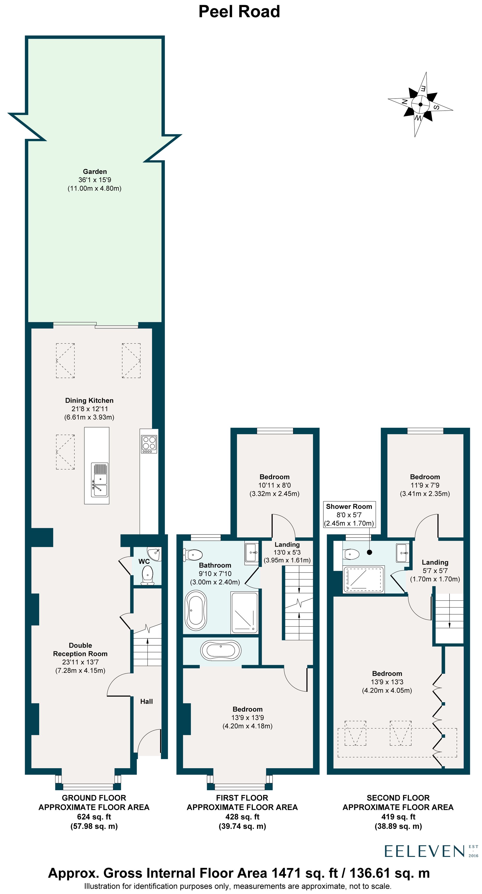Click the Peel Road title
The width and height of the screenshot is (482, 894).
[x=239, y=12]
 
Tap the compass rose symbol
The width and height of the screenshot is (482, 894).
[x=420, y=104]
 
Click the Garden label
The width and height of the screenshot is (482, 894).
[x=95, y=171]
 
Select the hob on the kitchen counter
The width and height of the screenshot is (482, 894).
[x=149, y=444]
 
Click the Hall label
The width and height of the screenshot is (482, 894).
[x=147, y=701]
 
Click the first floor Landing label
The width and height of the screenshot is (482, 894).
[x=287, y=545]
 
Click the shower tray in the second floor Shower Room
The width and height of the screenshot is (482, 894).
[x=363, y=580]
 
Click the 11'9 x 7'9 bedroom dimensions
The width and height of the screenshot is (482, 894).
[x=425, y=485]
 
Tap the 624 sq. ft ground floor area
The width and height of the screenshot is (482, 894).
[x=94, y=817]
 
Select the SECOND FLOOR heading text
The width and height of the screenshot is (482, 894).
[x=398, y=798]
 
